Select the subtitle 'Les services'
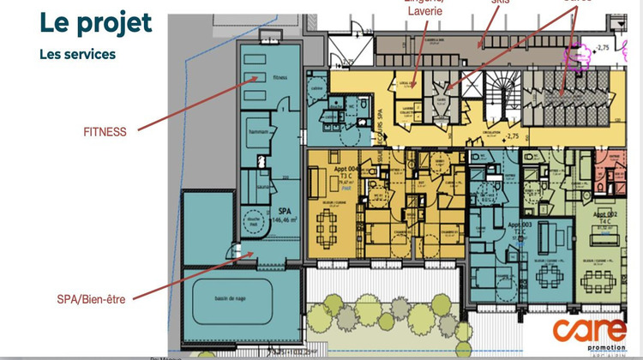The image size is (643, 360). pos(77,54)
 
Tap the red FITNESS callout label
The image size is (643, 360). pos(105,132)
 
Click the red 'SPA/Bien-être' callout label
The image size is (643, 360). pos(90,298)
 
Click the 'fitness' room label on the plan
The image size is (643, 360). pos(279,77)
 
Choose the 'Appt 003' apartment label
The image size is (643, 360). pos(520,225)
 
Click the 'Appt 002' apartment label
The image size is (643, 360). pos(604,214)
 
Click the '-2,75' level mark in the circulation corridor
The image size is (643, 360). pos(513,136)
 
